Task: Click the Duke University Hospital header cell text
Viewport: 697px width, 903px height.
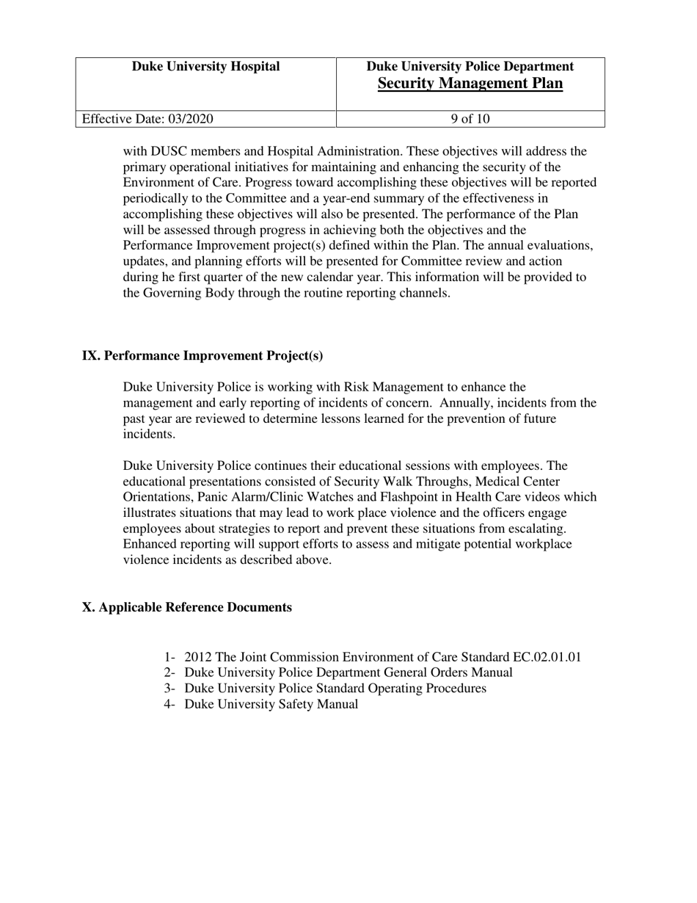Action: point(205,67)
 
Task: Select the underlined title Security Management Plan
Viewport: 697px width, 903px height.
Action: point(470,84)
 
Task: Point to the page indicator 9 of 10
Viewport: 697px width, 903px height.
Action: point(470,119)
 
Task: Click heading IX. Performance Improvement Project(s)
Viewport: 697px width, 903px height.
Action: point(202,356)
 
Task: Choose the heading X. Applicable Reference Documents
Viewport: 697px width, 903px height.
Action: point(187,608)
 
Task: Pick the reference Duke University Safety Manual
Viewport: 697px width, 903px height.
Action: point(271,705)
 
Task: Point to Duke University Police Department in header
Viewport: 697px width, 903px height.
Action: point(470,67)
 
